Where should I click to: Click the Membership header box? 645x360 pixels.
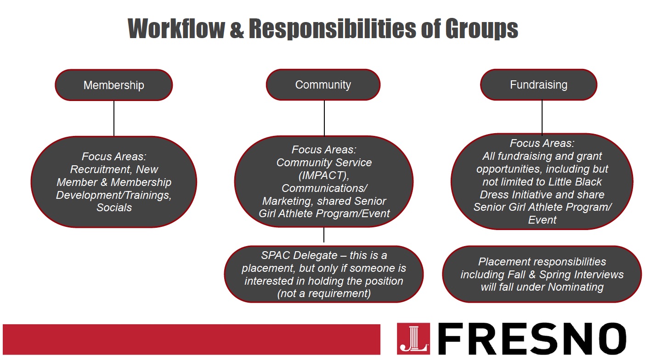pos(114,85)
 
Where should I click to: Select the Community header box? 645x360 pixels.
pos(323,84)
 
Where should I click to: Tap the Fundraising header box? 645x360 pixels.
pos(539,84)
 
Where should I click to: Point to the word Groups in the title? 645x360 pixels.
pos(481,29)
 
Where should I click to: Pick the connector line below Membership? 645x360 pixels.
pos(114,118)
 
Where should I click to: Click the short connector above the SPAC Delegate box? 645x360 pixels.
pos(324,235)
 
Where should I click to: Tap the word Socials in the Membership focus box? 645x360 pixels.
pos(114,208)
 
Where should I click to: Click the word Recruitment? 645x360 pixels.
pos(101,169)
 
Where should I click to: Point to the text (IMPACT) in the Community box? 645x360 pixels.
pos(324,175)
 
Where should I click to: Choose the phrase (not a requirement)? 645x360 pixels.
pos(324,293)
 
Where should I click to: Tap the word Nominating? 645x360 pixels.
pos(576,287)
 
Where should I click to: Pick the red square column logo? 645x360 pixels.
pos(413,338)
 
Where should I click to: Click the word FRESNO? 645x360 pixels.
pos(532,338)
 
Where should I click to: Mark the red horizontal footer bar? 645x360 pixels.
pos(192,339)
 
